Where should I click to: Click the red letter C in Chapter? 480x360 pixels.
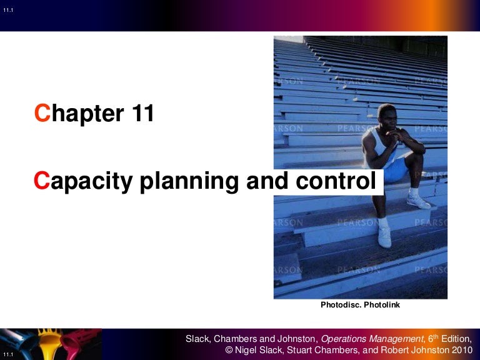42,114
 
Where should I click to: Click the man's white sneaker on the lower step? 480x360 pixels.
384,237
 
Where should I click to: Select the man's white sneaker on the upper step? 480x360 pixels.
418,200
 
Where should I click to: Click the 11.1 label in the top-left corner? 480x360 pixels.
8,9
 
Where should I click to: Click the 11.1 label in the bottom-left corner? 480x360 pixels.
8,354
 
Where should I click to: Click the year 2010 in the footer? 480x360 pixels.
459,351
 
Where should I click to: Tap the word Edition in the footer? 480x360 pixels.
455,339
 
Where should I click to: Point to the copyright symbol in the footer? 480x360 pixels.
229,351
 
